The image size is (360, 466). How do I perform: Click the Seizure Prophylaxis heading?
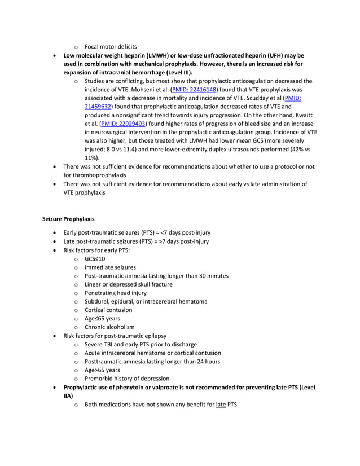pos(68,218)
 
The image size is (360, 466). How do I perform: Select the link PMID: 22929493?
pos(123,124)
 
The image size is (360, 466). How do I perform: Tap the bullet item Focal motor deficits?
pos(111,46)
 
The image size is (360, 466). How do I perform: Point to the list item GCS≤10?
pos(95,258)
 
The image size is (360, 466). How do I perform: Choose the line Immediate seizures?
pos(110,267)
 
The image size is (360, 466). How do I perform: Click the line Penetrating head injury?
pos(115,293)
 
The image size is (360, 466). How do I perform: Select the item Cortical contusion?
pos(108,310)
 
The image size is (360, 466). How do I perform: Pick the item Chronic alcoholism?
pos(109,327)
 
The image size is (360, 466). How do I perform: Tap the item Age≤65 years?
pos(102,318)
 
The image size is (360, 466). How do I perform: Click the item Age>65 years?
pos(102,370)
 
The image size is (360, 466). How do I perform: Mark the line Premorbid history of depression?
pos(126,379)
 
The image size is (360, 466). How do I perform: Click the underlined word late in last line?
pos(220,405)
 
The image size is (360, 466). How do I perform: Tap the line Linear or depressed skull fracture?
pos(128,284)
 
